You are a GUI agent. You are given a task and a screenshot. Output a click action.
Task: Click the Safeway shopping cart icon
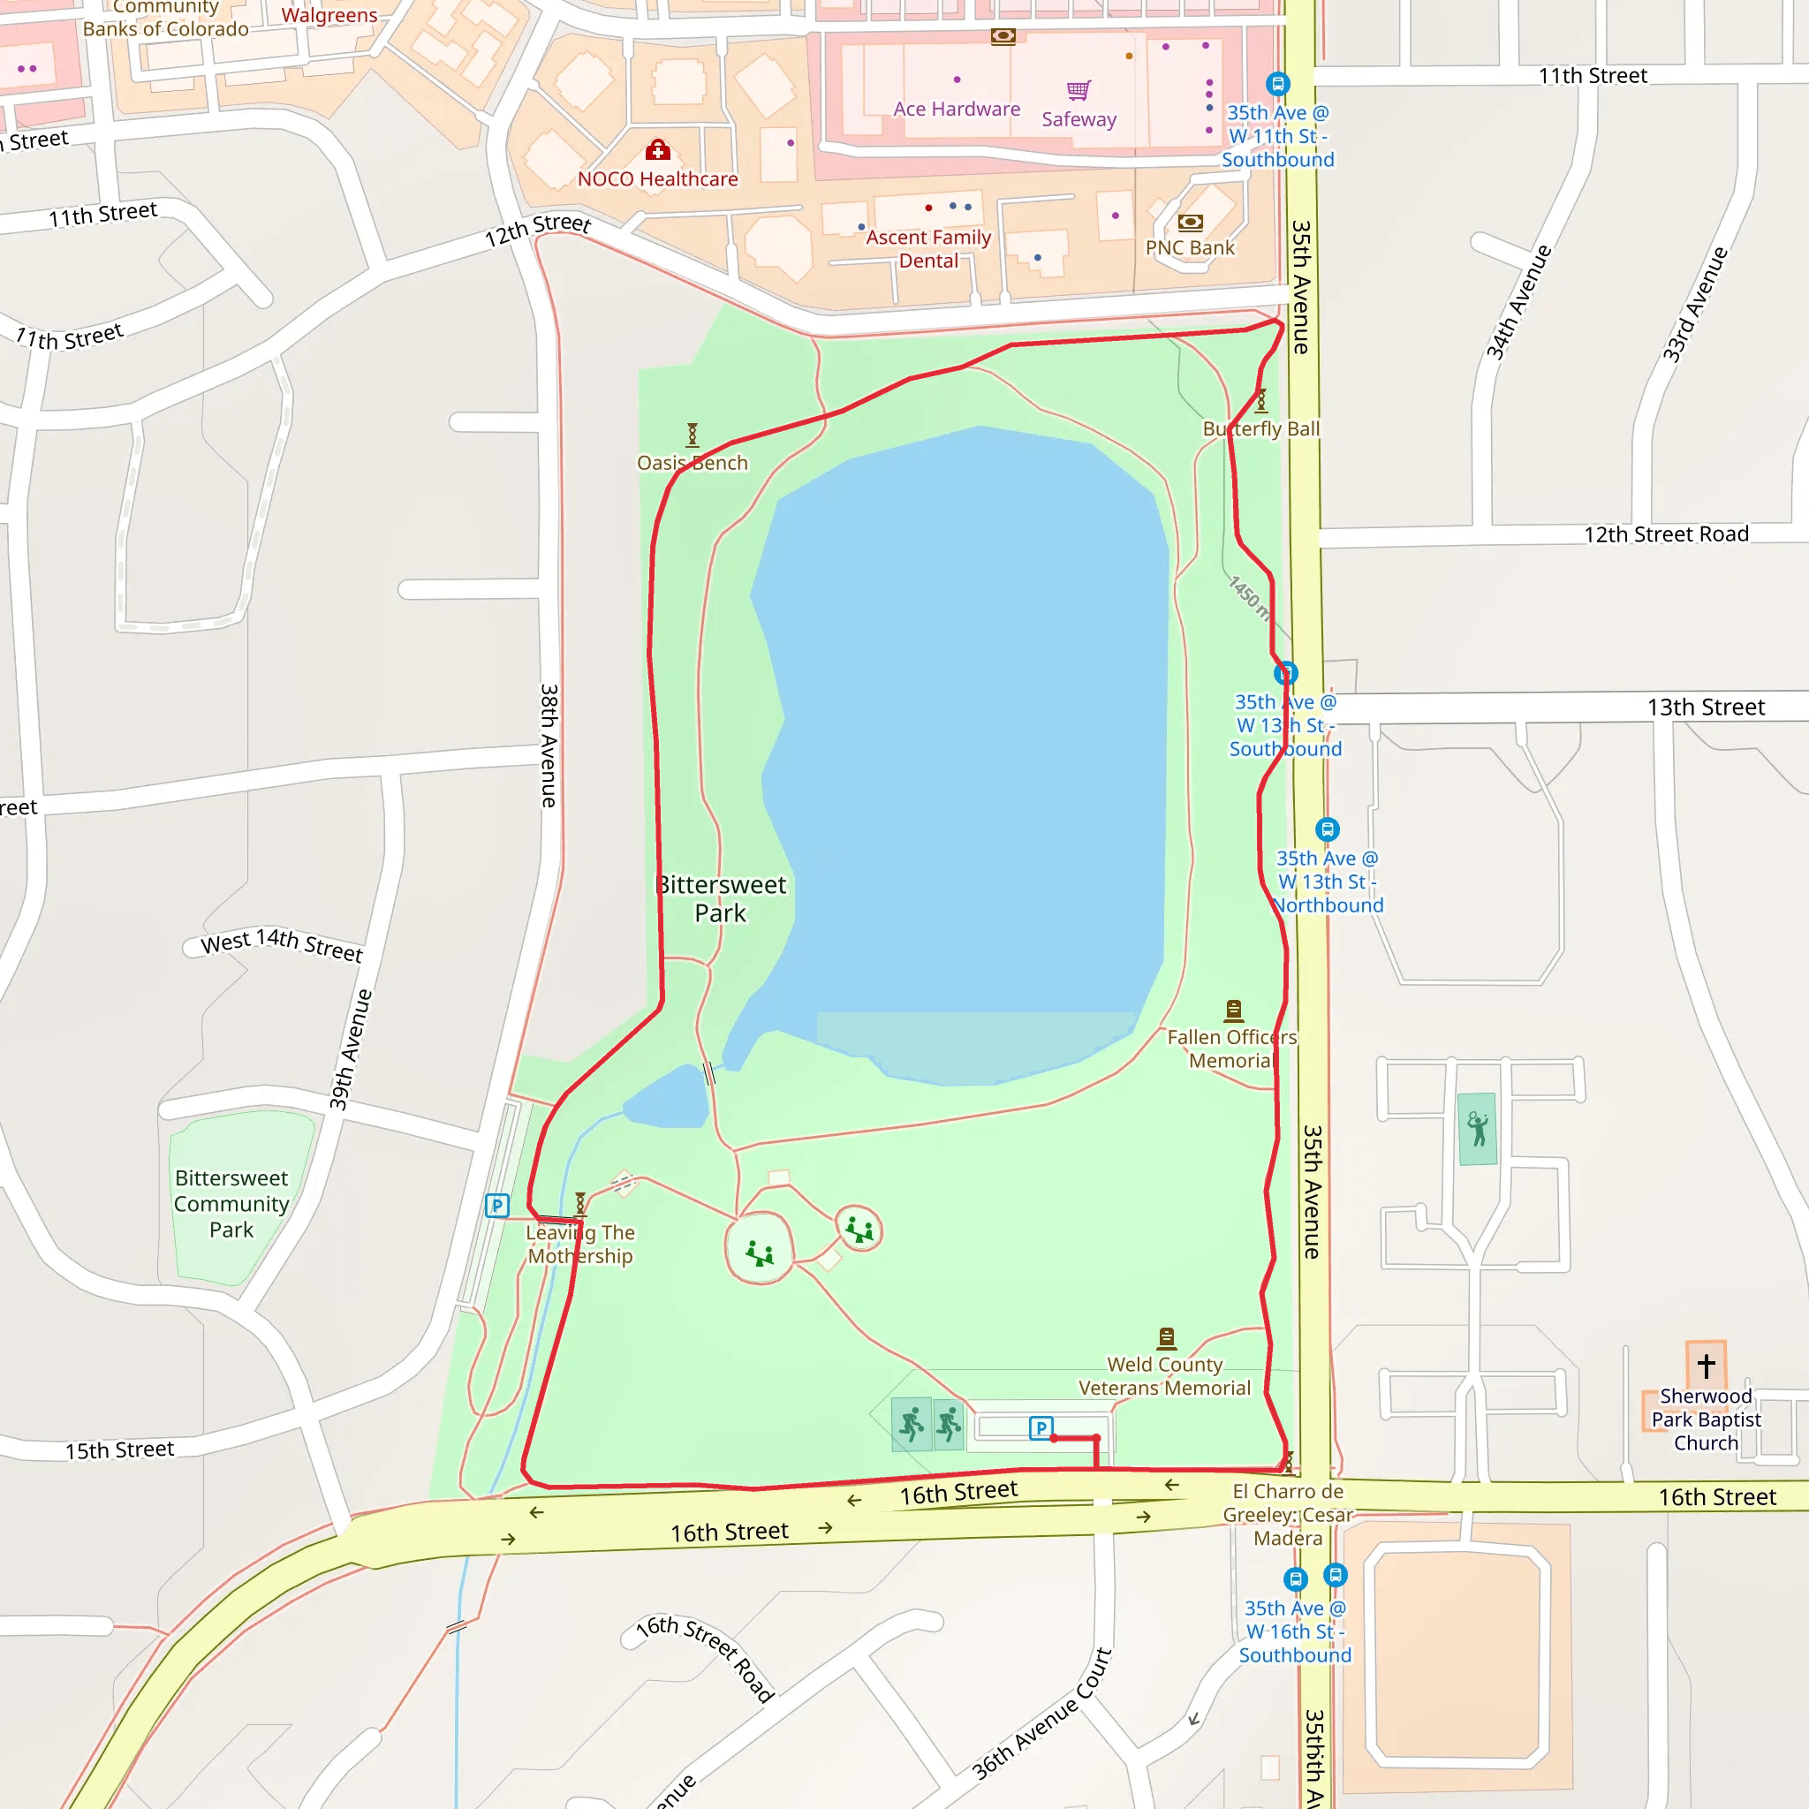click(1079, 90)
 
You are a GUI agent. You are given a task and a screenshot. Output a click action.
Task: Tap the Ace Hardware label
click(956, 110)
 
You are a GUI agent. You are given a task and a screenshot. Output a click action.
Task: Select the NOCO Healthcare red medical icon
click(657, 150)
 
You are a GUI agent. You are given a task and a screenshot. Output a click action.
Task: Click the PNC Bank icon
click(1190, 222)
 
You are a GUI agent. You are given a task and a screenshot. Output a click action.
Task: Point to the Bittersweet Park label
click(721, 898)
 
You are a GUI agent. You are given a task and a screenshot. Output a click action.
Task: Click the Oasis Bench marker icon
click(692, 435)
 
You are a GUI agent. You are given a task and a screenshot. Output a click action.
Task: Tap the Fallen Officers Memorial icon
click(1233, 1010)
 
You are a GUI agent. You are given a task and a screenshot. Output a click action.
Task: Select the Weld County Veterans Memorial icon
click(1167, 1336)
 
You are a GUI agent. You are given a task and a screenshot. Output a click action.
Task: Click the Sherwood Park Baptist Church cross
click(1706, 1366)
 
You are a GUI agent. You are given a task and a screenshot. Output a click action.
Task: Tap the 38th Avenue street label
click(549, 746)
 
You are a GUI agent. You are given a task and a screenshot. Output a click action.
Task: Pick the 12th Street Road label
click(1666, 534)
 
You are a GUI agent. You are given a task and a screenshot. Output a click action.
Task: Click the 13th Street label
click(1705, 707)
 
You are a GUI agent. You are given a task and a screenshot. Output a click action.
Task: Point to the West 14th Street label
click(282, 944)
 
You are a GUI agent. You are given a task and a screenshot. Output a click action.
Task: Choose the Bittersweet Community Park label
click(231, 1203)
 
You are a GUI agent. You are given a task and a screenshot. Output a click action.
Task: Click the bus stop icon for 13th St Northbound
click(1327, 829)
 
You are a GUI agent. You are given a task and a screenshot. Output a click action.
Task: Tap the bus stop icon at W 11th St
click(1278, 84)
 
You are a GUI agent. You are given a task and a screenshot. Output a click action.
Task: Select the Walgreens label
click(329, 15)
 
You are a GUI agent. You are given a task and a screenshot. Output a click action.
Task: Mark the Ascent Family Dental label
click(928, 249)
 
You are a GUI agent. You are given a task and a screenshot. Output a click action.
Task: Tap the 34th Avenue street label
click(1518, 302)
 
